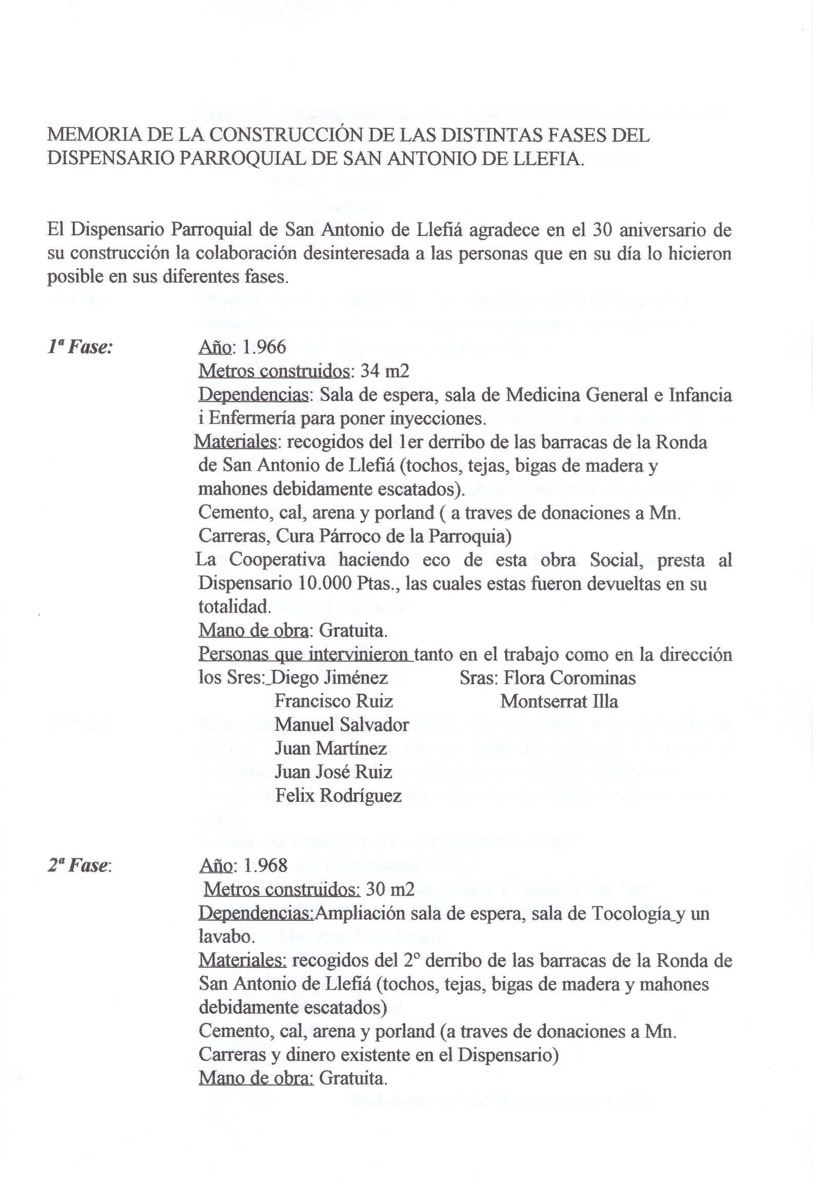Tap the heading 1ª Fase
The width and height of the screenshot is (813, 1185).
(x=80, y=348)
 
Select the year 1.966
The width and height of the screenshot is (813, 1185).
(x=264, y=348)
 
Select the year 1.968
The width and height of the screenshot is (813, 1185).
(x=265, y=866)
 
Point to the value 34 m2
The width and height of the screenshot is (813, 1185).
(x=385, y=371)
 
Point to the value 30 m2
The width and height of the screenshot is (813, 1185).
(x=390, y=890)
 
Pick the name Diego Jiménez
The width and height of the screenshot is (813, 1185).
(x=329, y=678)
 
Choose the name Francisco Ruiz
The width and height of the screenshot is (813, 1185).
(x=334, y=701)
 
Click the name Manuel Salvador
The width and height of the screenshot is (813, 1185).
(x=342, y=725)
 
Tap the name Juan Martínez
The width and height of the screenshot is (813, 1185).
(x=331, y=748)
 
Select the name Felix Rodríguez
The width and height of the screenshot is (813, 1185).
(x=338, y=796)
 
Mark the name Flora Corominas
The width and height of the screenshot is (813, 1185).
(x=569, y=678)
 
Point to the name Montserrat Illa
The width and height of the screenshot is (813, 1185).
(x=559, y=701)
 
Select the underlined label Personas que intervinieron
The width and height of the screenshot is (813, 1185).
(x=306, y=655)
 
